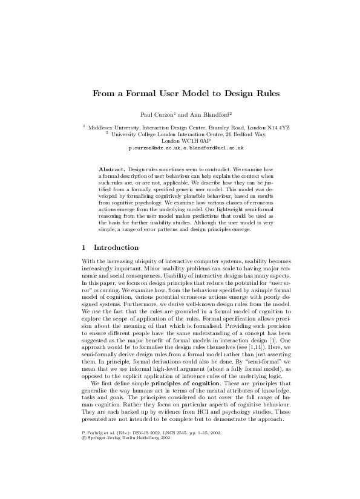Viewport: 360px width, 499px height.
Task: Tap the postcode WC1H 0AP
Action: click(194, 140)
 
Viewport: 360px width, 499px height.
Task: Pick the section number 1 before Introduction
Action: click(83, 247)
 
